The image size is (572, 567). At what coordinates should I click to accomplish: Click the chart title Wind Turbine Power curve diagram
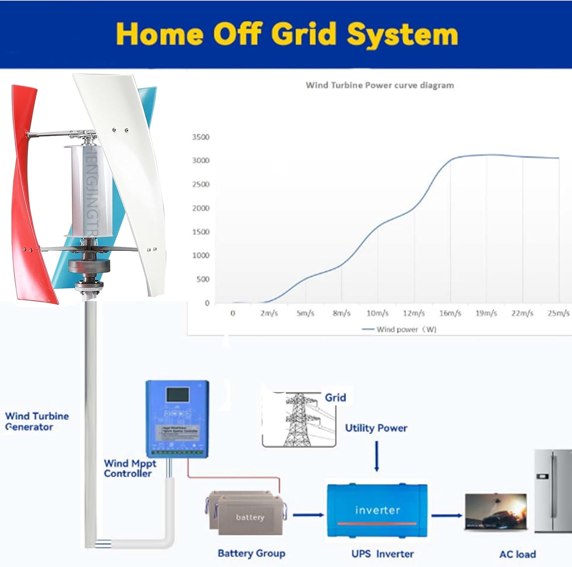point(380,85)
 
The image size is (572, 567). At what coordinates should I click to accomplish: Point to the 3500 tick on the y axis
point(201,137)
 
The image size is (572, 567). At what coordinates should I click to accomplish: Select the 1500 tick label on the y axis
point(201,232)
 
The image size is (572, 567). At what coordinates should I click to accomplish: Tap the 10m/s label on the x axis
point(378,313)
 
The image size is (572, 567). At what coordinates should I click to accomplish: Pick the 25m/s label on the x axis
point(558,313)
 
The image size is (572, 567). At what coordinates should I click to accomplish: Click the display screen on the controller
point(177,395)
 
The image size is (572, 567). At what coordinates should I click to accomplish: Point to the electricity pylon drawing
point(299,419)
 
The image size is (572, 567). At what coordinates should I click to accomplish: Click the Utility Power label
point(376,428)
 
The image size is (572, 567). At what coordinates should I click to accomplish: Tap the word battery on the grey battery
point(250,517)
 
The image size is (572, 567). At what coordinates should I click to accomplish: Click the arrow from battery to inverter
point(308,515)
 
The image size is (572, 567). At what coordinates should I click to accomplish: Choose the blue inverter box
point(377,510)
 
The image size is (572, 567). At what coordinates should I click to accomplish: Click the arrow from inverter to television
point(446,516)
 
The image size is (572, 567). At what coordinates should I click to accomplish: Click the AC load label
point(517,554)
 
